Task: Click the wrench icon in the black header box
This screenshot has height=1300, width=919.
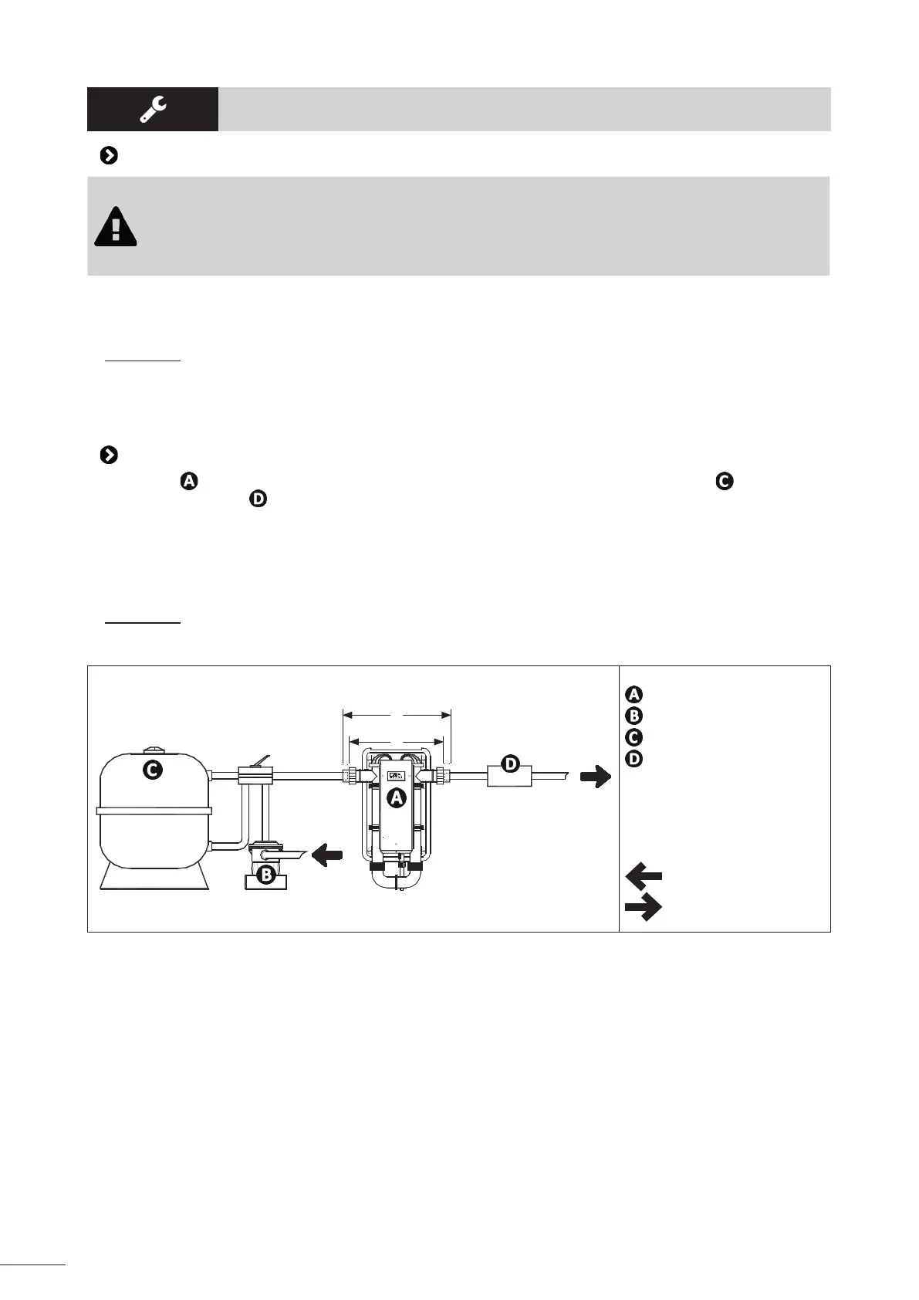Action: [152, 109]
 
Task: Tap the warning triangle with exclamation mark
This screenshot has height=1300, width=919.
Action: [116, 227]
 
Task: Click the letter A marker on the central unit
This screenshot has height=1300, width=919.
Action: [396, 799]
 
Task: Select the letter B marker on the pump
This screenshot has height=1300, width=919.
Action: [265, 875]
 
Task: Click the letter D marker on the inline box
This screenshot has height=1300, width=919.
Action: [510, 764]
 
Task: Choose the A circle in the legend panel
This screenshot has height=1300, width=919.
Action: [633, 694]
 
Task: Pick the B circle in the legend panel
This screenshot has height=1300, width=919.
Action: [633, 716]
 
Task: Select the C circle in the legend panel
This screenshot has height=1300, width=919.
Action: [633, 737]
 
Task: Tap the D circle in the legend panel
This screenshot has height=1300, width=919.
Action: [633, 759]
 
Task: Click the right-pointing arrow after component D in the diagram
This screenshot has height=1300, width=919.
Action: [595, 777]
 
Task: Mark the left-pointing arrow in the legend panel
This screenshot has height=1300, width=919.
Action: [644, 876]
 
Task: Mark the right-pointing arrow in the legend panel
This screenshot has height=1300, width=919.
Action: [644, 907]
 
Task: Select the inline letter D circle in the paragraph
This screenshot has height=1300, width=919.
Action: [258, 499]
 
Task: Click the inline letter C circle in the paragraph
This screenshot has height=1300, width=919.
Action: [723, 481]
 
